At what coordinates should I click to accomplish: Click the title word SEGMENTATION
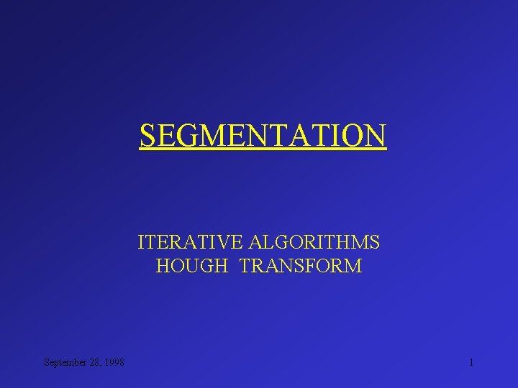(x=263, y=134)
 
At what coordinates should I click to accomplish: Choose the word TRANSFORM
(x=301, y=267)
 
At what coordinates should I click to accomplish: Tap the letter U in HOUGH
(x=194, y=267)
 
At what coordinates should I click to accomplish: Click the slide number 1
(x=471, y=362)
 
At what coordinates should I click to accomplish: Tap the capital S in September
(x=46, y=362)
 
